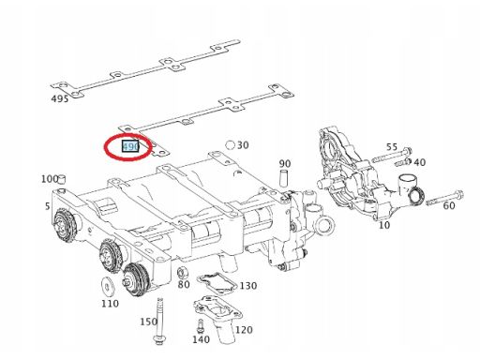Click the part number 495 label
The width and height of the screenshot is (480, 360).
tap(59, 97)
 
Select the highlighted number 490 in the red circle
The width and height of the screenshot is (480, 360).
tap(130, 147)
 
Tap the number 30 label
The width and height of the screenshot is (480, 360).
tap(243, 145)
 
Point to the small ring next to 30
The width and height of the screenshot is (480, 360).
tap(230, 145)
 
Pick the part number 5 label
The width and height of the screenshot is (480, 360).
tap(48, 206)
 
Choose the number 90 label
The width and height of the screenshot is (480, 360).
tap(285, 164)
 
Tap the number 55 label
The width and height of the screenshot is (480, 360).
tap(392, 148)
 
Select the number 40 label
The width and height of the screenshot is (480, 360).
tap(419, 162)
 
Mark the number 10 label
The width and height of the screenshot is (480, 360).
tap(383, 226)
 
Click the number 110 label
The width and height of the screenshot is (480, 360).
tap(110, 304)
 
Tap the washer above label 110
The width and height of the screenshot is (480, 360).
tap(108, 284)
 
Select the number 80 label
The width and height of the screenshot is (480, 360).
tap(184, 284)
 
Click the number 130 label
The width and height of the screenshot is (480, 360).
tap(247, 285)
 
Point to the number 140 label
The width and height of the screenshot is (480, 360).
tap(199, 340)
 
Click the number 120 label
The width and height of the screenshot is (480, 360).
tap(244, 330)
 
